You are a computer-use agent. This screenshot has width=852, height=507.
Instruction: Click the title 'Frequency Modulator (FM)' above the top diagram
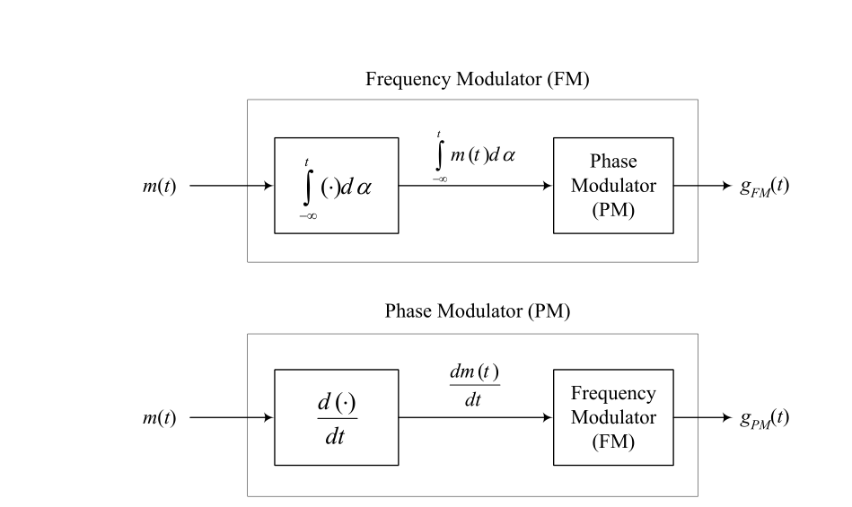478,80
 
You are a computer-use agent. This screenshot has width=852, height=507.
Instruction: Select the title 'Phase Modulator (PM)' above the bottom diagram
478,312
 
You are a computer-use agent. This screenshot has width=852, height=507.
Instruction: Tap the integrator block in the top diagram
336,186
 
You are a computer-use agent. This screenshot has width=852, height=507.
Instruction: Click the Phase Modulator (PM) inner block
613,186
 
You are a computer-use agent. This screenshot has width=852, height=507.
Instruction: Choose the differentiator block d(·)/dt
336,417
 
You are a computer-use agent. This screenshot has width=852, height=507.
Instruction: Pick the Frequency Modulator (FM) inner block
613,417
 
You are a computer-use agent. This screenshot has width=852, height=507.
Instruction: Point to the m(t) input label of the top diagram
160,186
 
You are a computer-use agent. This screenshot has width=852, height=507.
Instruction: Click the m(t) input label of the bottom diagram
160,417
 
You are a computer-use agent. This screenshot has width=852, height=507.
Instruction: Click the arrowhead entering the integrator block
268,186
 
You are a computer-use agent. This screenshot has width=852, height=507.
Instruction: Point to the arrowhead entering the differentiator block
268,417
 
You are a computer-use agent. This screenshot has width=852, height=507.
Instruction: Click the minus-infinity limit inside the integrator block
308,216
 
